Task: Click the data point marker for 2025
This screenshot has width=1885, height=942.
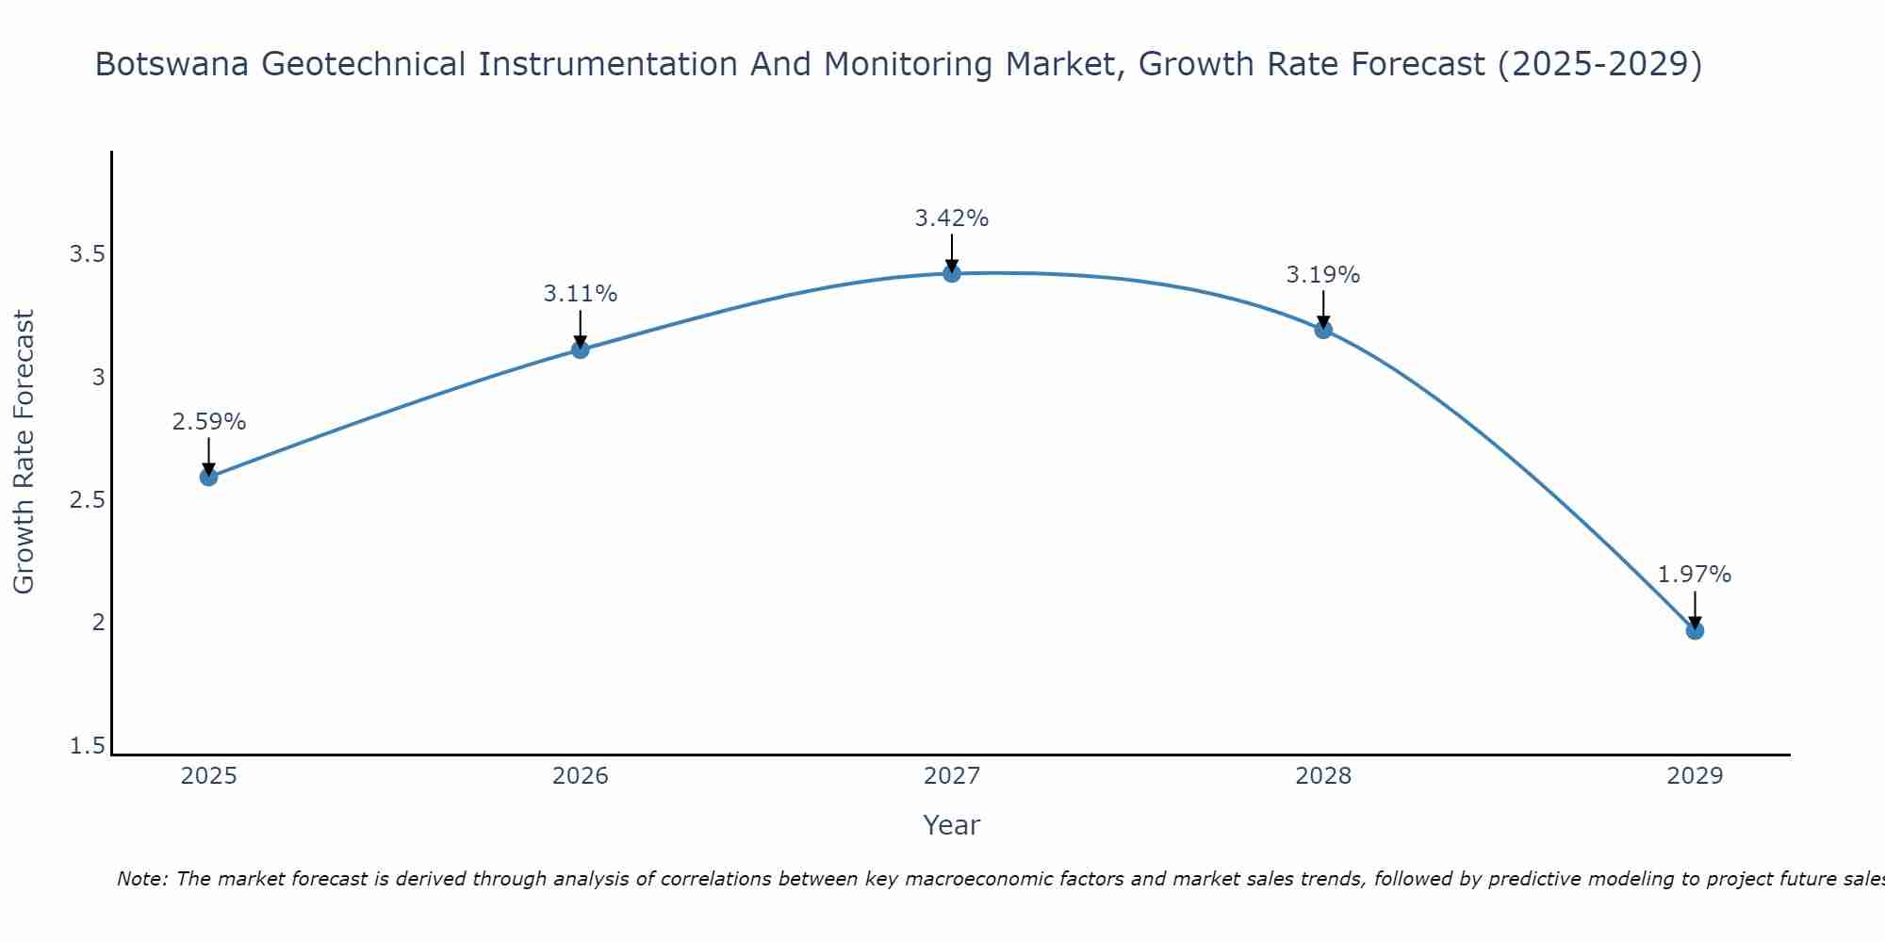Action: tap(208, 477)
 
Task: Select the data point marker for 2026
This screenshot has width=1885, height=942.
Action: tap(581, 349)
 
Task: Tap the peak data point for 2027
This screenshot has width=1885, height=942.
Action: tap(952, 273)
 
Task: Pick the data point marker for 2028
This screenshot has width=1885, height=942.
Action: tap(1323, 330)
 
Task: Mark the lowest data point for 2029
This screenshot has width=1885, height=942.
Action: tap(1695, 630)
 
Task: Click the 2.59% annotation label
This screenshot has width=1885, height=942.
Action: tap(208, 422)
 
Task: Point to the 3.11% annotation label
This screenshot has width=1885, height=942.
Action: tap(581, 294)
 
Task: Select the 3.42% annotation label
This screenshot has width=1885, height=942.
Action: tap(952, 219)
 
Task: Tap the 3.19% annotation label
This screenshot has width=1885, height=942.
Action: tap(1323, 275)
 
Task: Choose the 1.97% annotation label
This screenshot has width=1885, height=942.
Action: tap(1695, 575)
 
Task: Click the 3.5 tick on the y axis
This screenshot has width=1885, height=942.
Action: tap(87, 254)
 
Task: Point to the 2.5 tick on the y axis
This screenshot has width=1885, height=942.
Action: tap(87, 500)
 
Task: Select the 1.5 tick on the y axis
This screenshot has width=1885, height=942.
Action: tap(87, 746)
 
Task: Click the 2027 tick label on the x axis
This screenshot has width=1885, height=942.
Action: tap(952, 776)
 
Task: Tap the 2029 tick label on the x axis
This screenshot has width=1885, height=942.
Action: tap(1695, 776)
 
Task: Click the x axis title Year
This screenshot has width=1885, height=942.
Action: tap(952, 825)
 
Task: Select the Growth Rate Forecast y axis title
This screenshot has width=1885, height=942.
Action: tap(24, 452)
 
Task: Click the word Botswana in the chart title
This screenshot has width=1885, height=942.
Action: tap(172, 65)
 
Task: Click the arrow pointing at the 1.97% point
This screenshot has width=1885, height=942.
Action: tap(1695, 609)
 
